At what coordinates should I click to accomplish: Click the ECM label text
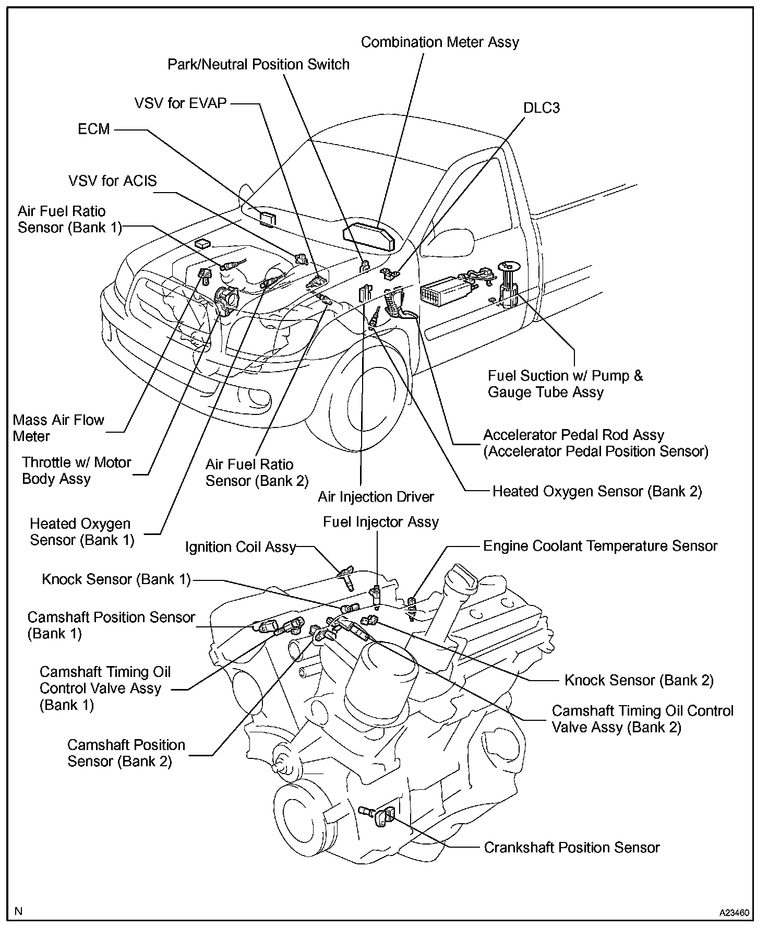pyautogui.click(x=94, y=129)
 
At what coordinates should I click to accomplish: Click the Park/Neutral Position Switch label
pyautogui.click(x=258, y=65)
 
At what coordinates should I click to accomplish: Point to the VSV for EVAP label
pyautogui.click(x=181, y=103)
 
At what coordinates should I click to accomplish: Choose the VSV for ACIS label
pyautogui.click(x=112, y=181)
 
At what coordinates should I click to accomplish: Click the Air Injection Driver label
pyautogui.click(x=376, y=496)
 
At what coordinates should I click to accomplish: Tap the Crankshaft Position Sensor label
pyautogui.click(x=572, y=847)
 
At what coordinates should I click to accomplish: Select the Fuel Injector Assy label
pyautogui.click(x=381, y=522)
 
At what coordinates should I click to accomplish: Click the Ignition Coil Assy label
pyautogui.click(x=241, y=547)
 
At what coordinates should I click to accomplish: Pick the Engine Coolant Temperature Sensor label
pyautogui.click(x=600, y=546)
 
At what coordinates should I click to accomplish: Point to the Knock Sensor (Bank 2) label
pyautogui.click(x=639, y=680)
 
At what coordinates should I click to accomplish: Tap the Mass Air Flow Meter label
pyautogui.click(x=58, y=428)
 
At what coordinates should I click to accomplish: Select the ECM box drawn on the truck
pyautogui.click(x=268, y=218)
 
